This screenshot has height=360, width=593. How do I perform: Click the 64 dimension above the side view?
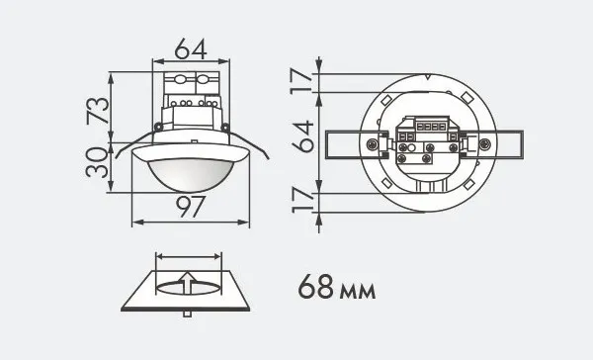(x=191, y=48)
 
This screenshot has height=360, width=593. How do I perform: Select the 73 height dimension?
(x=98, y=111)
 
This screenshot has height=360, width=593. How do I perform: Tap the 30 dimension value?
(x=97, y=162)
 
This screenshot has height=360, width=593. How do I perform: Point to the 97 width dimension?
(x=191, y=207)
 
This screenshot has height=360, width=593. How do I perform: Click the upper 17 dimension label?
(x=301, y=81)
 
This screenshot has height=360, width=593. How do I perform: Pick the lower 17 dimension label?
(x=303, y=201)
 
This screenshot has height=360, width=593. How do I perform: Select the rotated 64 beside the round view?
(x=302, y=136)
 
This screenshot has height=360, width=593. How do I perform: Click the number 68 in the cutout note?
(x=316, y=287)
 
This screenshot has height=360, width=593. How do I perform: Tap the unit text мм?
(x=358, y=291)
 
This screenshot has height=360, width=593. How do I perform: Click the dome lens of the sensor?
(x=188, y=174)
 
